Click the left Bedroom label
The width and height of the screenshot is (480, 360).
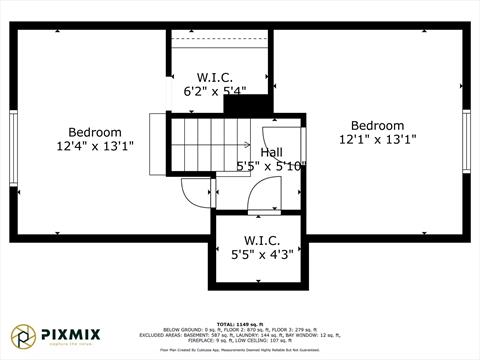coord(95,132)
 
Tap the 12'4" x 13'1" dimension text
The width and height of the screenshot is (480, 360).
coord(95,146)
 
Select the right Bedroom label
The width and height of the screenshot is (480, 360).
coord(377,126)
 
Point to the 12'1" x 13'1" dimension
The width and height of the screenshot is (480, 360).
coord(377,140)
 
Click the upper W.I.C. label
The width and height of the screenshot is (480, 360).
coord(215,76)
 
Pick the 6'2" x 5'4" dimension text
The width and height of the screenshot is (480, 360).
coord(215,90)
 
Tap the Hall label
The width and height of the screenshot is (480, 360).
coord(271,152)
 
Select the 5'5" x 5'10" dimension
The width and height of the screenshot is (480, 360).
coord(271,166)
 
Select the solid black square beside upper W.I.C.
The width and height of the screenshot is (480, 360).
coord(261,104)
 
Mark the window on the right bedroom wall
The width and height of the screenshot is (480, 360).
coord(466,141)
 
